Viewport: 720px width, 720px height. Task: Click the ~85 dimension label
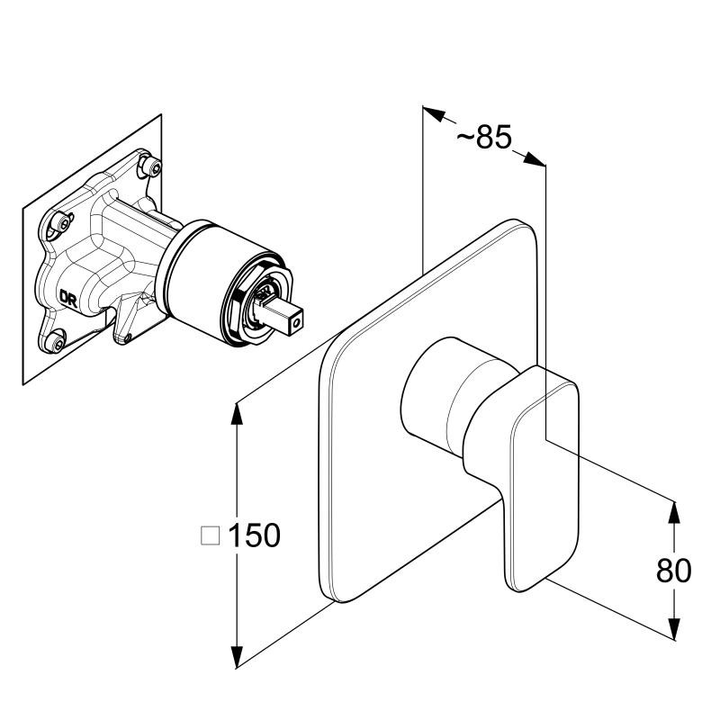click(x=484, y=137)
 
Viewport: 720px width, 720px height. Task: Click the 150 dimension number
click(x=254, y=535)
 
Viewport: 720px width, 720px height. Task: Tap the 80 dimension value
click(x=673, y=571)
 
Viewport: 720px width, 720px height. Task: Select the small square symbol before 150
click(x=211, y=535)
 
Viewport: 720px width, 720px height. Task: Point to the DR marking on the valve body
click(x=68, y=298)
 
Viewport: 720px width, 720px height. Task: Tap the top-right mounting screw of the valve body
click(x=151, y=166)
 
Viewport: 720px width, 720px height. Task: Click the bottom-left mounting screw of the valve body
click(x=56, y=341)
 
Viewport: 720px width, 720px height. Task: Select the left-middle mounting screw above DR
click(x=60, y=223)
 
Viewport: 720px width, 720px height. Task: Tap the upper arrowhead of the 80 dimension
click(x=673, y=512)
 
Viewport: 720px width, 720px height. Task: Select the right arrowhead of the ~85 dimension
click(x=534, y=158)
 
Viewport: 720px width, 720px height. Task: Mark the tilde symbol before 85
click(x=465, y=136)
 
